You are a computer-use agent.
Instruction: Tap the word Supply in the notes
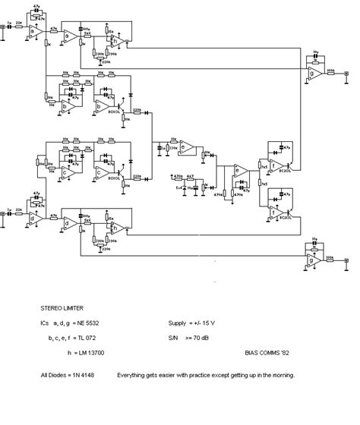[177, 322]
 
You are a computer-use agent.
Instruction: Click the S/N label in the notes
[172, 335]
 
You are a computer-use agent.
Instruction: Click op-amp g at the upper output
[313, 72]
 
